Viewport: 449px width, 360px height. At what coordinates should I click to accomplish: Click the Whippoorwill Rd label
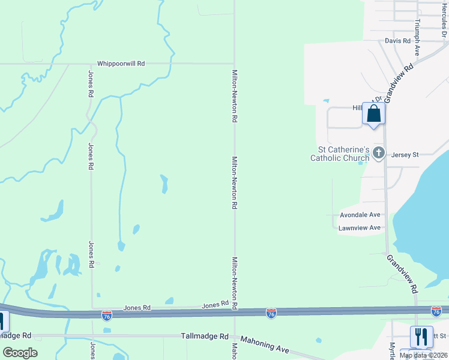(x=121, y=64)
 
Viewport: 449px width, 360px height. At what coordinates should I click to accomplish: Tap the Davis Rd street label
(x=397, y=41)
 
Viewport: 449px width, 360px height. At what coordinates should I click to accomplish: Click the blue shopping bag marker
(x=373, y=113)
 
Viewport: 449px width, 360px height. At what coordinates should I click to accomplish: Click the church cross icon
(x=378, y=152)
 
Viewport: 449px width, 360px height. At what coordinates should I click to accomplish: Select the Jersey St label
(x=405, y=155)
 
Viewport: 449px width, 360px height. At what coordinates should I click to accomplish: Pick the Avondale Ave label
(x=360, y=215)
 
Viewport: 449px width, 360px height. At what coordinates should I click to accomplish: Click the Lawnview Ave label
(x=360, y=228)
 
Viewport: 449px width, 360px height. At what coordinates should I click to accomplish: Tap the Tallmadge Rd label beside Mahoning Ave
(x=205, y=337)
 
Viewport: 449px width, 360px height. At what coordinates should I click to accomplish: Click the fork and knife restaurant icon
(x=421, y=337)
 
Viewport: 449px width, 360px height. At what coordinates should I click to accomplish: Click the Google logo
(x=20, y=353)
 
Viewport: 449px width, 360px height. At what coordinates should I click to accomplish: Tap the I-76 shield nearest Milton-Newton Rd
(x=271, y=313)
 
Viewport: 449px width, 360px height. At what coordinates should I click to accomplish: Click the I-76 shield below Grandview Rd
(x=436, y=311)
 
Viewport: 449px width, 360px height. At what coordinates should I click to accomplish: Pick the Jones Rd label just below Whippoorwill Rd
(x=91, y=84)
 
